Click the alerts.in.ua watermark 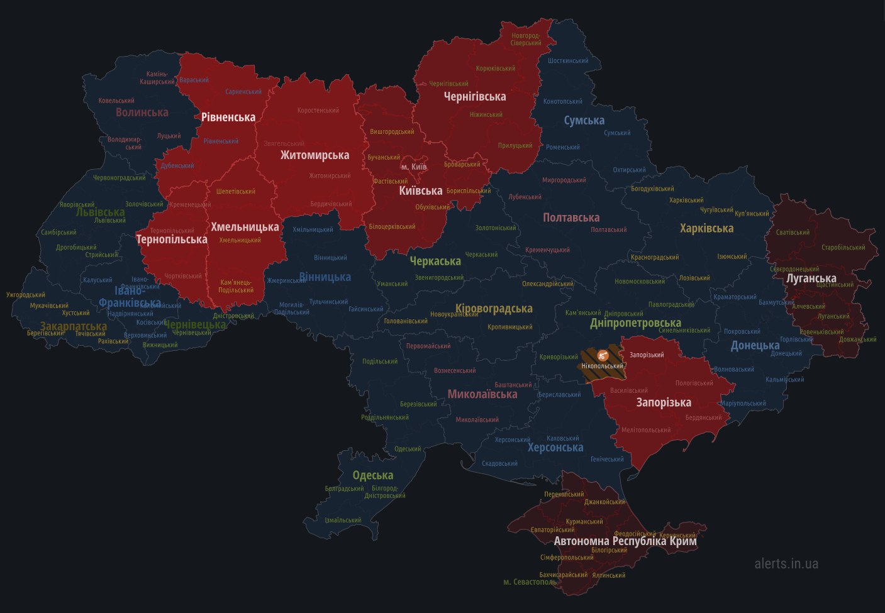tap(786, 563)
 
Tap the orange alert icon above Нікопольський tap(602, 355)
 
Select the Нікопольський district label tap(602, 366)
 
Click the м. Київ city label tap(414, 167)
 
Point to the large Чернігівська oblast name tap(475, 97)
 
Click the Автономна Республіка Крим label tap(625, 541)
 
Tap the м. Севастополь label tap(530, 582)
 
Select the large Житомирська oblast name tap(314, 155)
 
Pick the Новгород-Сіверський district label tap(526, 39)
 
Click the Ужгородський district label tap(26, 295)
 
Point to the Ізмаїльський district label tap(343, 521)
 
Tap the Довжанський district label tap(857, 340)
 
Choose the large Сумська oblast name tap(584, 121)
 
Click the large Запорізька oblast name tap(664, 402)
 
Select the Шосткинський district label tap(568, 61)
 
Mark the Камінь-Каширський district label tap(157, 78)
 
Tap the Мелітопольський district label tap(646, 431)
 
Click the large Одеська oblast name tap(372, 475)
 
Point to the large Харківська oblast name tap(706, 229)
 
